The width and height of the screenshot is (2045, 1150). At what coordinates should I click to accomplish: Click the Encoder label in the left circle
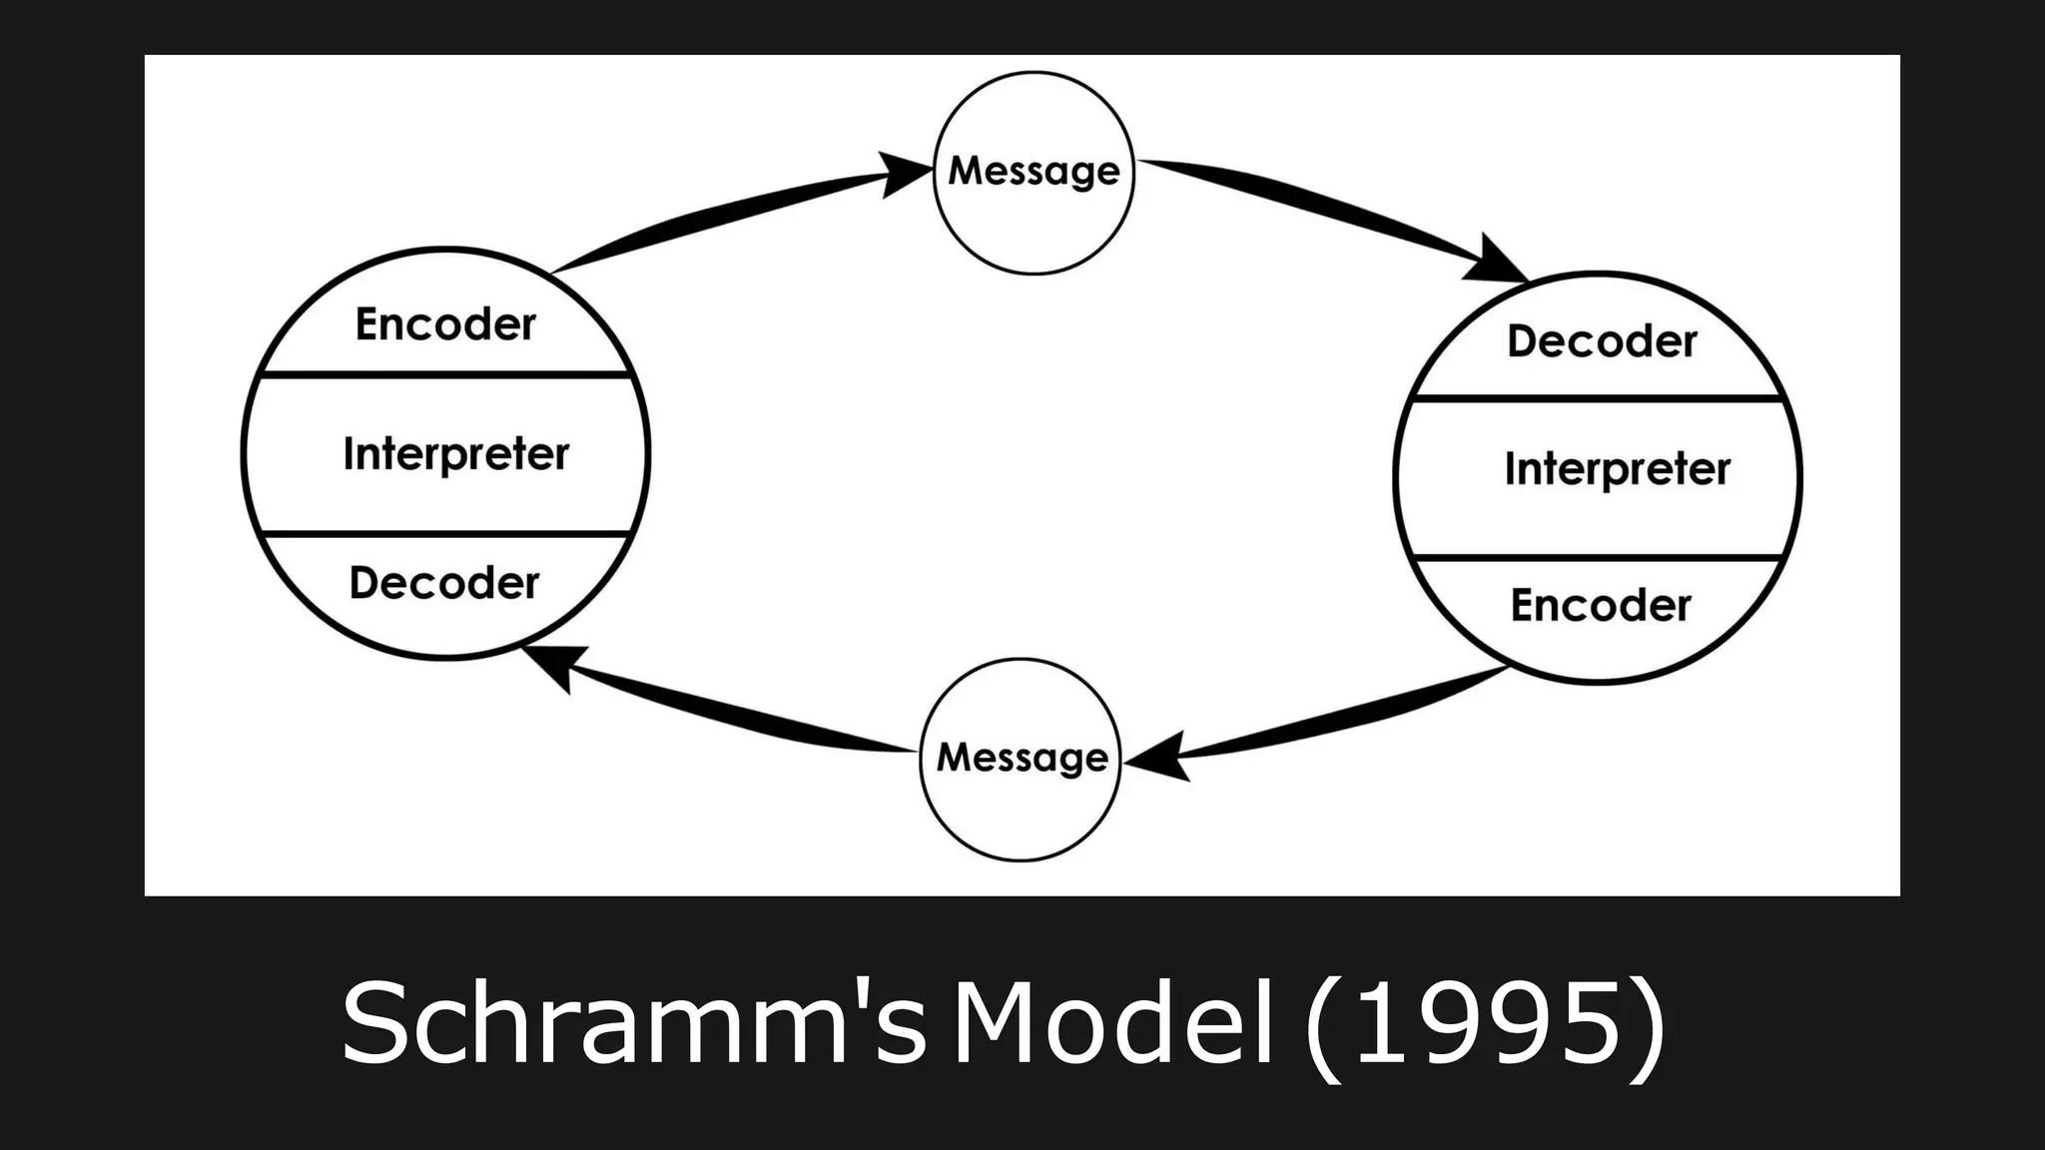point(445,324)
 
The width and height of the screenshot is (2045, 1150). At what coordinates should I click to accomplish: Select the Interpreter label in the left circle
point(455,454)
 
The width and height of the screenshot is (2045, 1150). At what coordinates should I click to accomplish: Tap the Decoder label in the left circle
point(444,583)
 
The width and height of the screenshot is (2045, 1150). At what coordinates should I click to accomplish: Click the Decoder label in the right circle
point(1602,341)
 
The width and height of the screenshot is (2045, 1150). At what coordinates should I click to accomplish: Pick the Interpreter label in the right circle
point(1617,469)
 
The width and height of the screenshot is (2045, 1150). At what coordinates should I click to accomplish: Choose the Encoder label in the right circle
point(1600,605)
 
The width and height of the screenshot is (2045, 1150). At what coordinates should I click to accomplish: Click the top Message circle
point(1033,172)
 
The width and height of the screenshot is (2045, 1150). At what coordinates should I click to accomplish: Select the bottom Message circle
point(1021,759)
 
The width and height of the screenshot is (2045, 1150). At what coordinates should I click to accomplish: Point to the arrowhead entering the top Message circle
point(904,175)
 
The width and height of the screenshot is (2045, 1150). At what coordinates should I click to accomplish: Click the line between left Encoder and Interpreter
point(445,375)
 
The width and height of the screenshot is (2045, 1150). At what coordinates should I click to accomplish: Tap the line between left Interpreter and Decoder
point(445,534)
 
